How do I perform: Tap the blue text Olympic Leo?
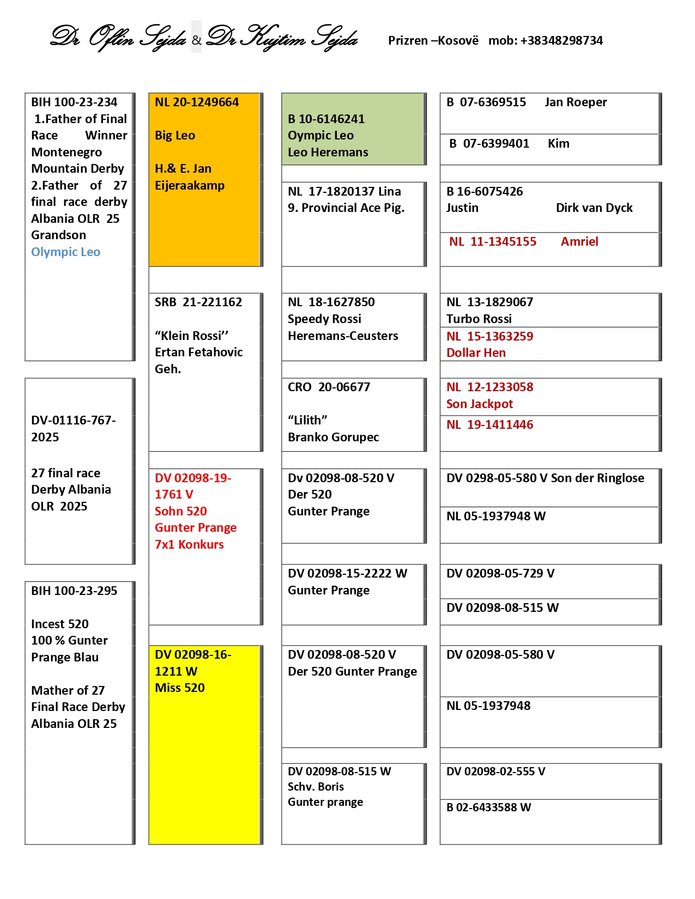pyautogui.click(x=65, y=252)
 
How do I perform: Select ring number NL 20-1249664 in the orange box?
pyautogui.click(x=197, y=102)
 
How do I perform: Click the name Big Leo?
pyautogui.click(x=175, y=136)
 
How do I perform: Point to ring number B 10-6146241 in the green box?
pyautogui.click(x=326, y=119)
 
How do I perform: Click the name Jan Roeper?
pyautogui.click(x=576, y=102)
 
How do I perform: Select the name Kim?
pyautogui.click(x=559, y=144)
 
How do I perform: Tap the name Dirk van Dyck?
pyautogui.click(x=594, y=208)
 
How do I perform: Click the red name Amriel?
pyautogui.click(x=579, y=242)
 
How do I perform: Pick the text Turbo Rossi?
pyautogui.click(x=479, y=319)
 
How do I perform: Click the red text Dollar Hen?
pyautogui.click(x=476, y=353)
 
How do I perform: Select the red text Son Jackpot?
pyautogui.click(x=480, y=404)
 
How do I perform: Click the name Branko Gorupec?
pyautogui.click(x=333, y=438)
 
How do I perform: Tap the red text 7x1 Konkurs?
pyautogui.click(x=189, y=545)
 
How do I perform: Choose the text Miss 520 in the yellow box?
pyautogui.click(x=180, y=688)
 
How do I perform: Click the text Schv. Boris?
pyautogui.click(x=316, y=787)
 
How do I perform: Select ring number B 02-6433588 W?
pyautogui.click(x=488, y=807)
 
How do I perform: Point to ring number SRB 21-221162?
pyautogui.click(x=198, y=302)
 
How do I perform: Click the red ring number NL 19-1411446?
pyautogui.click(x=489, y=425)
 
